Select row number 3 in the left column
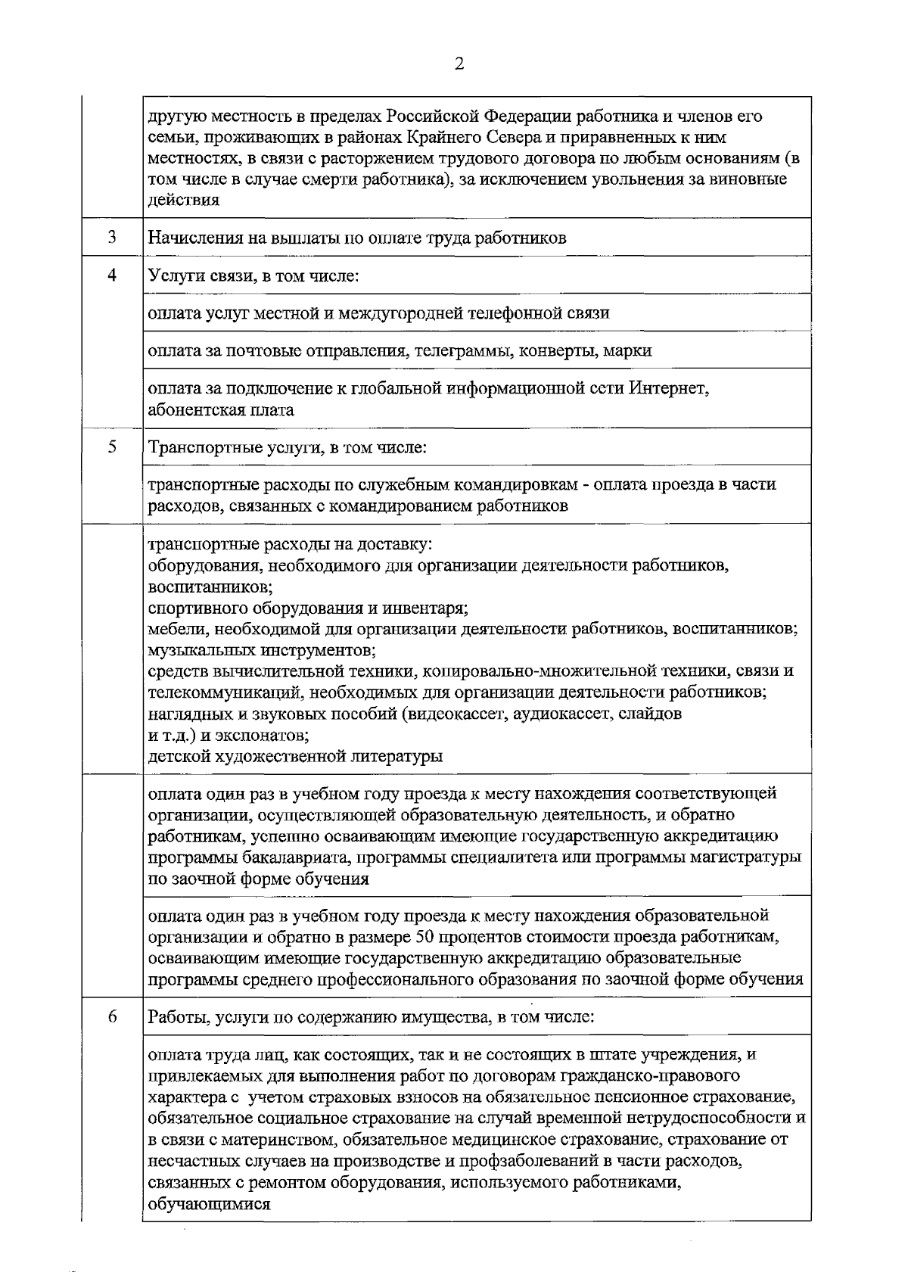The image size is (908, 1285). (111, 237)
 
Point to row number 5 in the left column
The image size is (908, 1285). (111, 446)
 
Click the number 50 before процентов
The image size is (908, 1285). (425, 937)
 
